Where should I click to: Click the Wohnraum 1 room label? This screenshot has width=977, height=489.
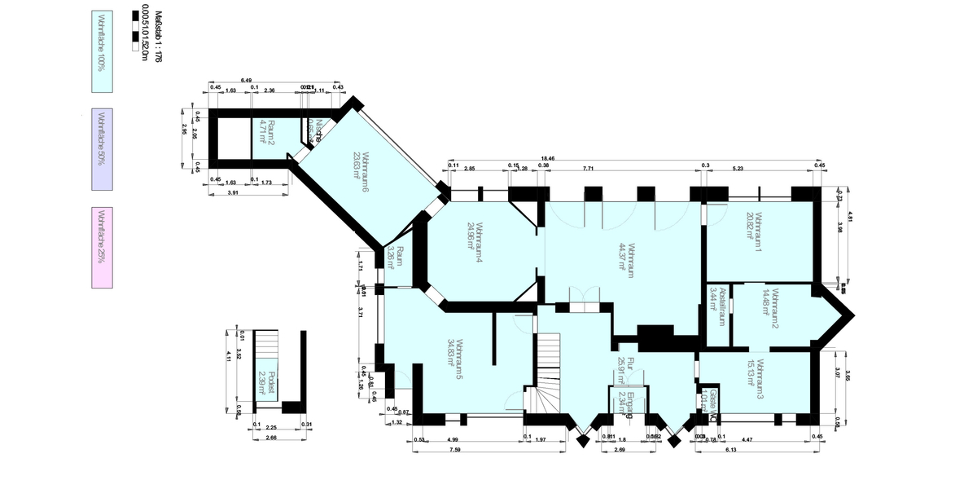pos(759,231)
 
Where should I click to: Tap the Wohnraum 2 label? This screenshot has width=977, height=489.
pos(775,309)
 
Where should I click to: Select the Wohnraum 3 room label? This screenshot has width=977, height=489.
pos(759,378)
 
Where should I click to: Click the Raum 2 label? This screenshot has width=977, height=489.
pos(273,130)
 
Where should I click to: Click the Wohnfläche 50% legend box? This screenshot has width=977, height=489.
pos(102,149)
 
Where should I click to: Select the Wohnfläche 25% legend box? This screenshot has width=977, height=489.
pos(102,247)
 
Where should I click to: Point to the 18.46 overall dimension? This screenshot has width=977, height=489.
pos(548,157)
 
